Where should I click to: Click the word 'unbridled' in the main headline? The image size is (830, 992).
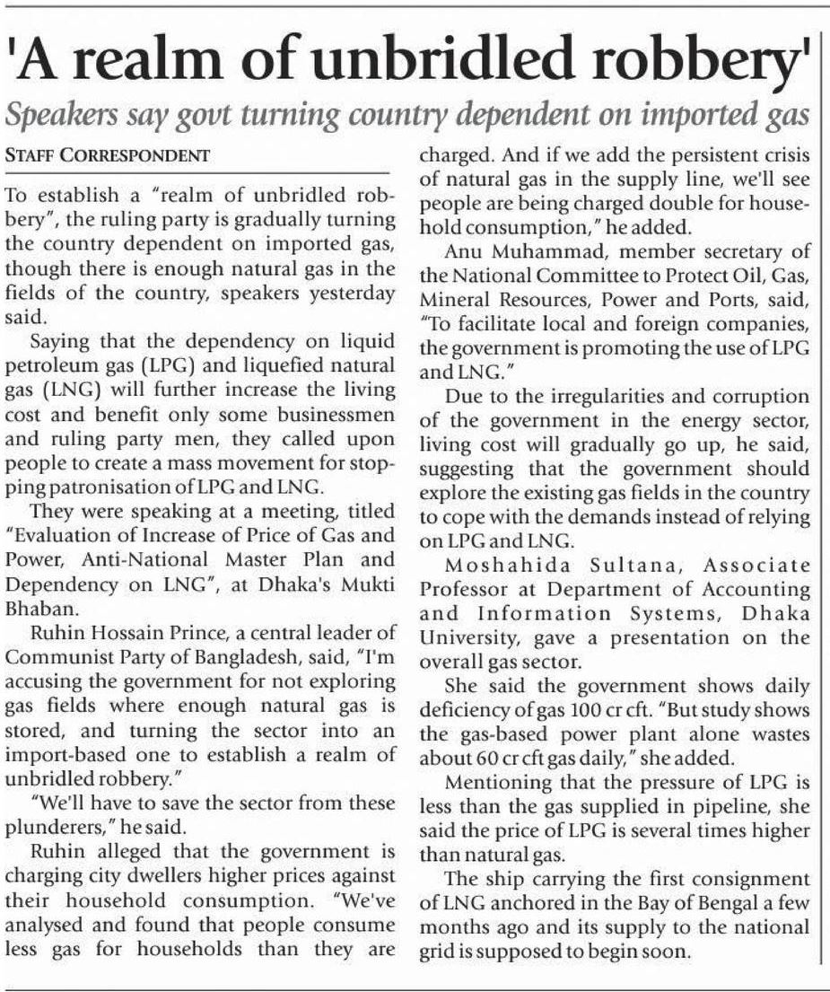point(440,62)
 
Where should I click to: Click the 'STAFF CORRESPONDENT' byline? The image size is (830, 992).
point(108,155)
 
